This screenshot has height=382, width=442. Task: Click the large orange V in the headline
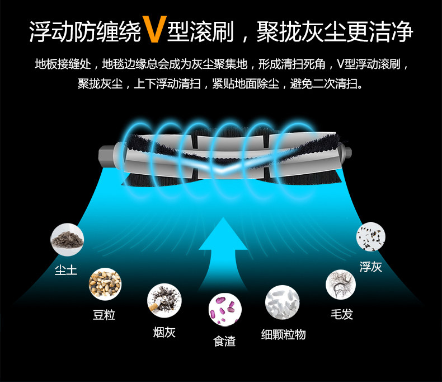152,30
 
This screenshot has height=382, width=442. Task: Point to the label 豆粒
104,315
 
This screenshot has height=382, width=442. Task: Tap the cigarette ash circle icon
163,301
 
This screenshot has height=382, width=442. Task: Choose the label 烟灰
164,332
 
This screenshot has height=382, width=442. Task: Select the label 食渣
225,341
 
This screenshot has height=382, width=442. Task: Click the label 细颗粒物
284,334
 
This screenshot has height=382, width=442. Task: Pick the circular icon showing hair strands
341,284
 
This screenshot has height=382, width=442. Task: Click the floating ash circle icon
371,236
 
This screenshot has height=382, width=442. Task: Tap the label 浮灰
371,267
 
